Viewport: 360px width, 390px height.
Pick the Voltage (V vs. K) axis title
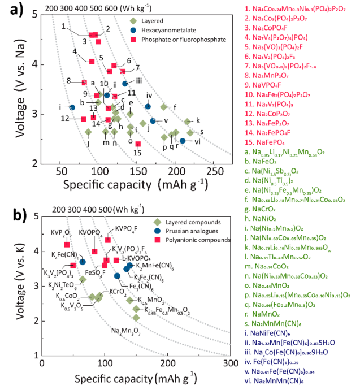click(29, 286)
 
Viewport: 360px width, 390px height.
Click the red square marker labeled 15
click(138, 144)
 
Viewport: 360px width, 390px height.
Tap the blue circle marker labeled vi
click(183, 141)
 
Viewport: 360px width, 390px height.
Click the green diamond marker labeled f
click(164, 107)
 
